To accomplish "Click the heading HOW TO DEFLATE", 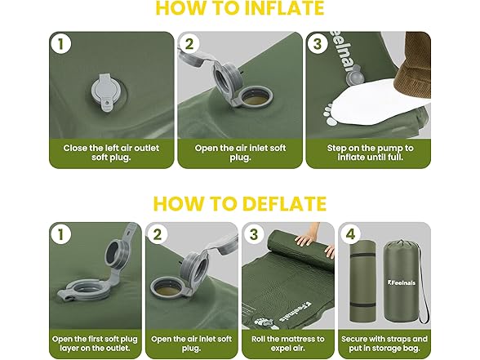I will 240,203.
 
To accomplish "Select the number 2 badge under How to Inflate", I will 189,45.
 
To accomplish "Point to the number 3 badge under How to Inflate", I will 318,45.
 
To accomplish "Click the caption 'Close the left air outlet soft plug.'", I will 110,153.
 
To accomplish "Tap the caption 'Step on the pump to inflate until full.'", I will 366,153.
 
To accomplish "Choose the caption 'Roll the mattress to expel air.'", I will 287,343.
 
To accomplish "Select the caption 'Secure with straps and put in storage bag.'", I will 382,343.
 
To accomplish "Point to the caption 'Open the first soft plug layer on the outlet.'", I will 96,343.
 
